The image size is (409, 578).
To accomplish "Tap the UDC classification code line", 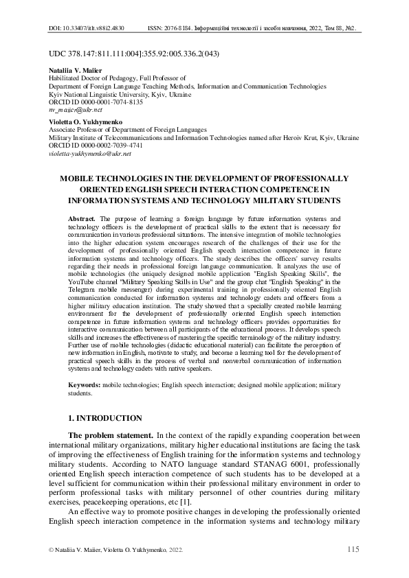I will tap(135, 54).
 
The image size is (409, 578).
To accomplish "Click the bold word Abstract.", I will tap(82, 217).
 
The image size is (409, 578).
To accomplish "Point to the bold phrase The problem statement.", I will tap(112, 435).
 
